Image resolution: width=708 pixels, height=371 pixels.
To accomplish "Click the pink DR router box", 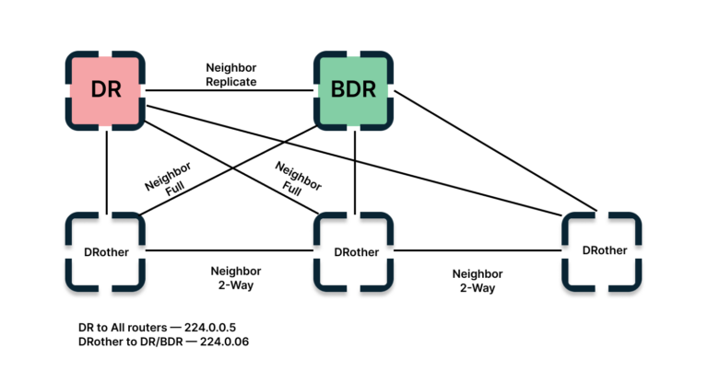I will pyautogui.click(x=107, y=90).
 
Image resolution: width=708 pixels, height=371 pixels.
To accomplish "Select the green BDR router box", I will pyautogui.click(x=353, y=90).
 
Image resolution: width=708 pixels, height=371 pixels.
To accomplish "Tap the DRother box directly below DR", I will pyautogui.click(x=106, y=250).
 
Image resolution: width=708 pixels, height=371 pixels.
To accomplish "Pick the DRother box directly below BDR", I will pyautogui.click(x=353, y=250).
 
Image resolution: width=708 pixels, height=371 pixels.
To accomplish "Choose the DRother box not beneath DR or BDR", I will pyautogui.click(x=602, y=249).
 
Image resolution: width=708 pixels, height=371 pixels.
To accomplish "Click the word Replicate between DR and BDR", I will pyautogui.click(x=230, y=82).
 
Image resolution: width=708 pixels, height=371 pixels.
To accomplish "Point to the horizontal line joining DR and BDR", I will pyautogui.click(x=230, y=90).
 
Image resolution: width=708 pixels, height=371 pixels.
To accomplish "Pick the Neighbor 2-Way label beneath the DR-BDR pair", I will pyautogui.click(x=235, y=278).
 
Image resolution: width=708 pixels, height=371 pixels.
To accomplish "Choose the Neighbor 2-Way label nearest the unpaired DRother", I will pyautogui.click(x=477, y=281).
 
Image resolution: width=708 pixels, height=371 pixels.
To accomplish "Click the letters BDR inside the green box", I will pyautogui.click(x=353, y=90).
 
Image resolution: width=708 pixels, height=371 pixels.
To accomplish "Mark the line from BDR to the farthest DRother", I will pyautogui.click(x=498, y=147).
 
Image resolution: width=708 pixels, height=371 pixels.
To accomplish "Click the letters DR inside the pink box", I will pyautogui.click(x=107, y=90).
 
